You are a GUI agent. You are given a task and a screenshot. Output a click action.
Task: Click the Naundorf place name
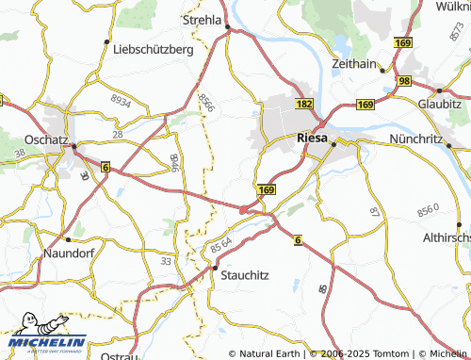pyautogui.click(x=71, y=254)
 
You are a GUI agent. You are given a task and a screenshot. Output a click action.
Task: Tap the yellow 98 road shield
pyautogui.click(x=403, y=82)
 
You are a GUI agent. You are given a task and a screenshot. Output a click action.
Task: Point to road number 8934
pyautogui.click(x=122, y=97)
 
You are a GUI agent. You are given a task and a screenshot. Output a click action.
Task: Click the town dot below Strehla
pyautogui.click(x=229, y=29)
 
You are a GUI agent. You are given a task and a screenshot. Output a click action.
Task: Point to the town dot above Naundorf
pyautogui.click(x=66, y=239)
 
